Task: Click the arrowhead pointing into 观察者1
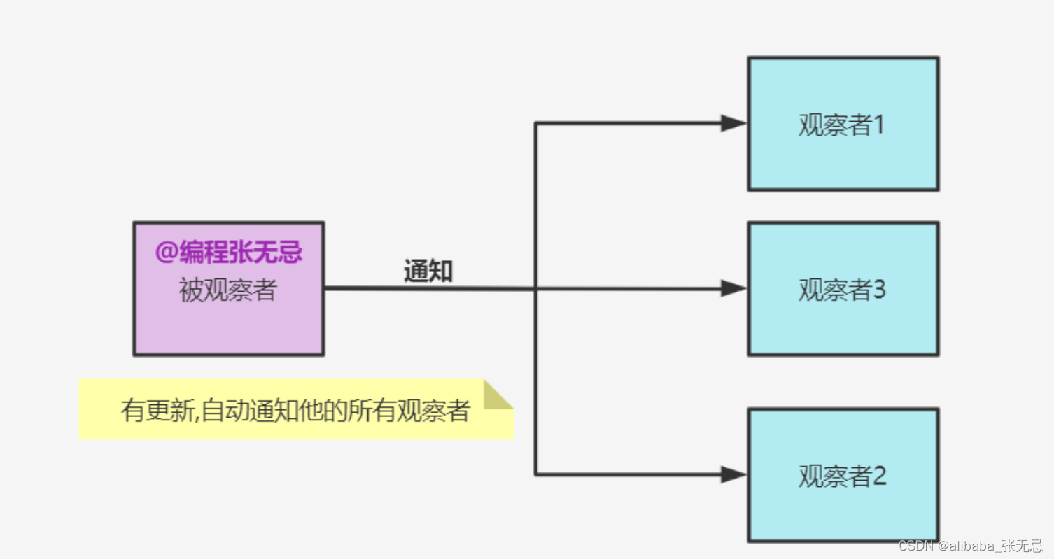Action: (733, 124)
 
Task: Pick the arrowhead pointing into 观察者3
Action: (733, 288)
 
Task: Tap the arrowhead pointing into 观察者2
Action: (733, 475)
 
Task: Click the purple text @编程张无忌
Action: (228, 253)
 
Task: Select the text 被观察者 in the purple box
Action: (228, 290)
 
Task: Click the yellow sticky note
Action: (294, 410)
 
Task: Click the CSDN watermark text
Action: (970, 546)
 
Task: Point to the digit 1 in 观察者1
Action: (880, 125)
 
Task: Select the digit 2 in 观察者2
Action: (880, 476)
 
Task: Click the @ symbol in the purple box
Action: (167, 253)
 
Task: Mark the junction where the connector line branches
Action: (535, 288)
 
